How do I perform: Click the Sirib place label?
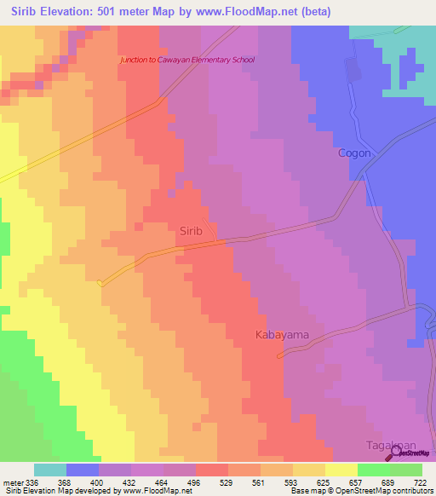[191, 230]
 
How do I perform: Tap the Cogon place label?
[354, 153]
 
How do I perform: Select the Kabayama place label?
[282, 335]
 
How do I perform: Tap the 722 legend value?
[420, 482]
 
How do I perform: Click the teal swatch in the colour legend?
[49, 470]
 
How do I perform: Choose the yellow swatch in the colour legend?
[341, 470]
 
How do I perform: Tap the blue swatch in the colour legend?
[82, 470]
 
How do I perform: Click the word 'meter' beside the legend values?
[11, 482]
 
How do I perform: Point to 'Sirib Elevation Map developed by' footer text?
[58, 491]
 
